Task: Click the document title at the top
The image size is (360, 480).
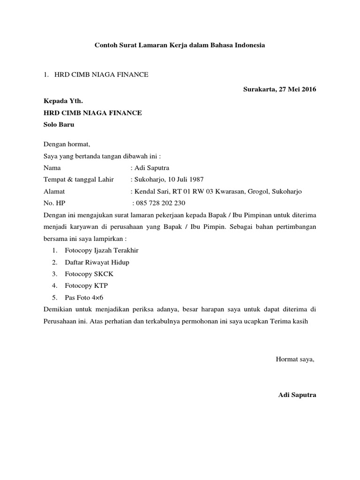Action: [x=180, y=45]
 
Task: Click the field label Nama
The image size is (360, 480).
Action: [x=52, y=167]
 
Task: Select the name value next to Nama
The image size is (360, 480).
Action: [x=152, y=167]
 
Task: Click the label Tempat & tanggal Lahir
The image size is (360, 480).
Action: [x=79, y=179]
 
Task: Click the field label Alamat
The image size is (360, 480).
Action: [x=54, y=191]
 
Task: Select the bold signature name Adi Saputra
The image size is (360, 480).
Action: [x=297, y=395]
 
